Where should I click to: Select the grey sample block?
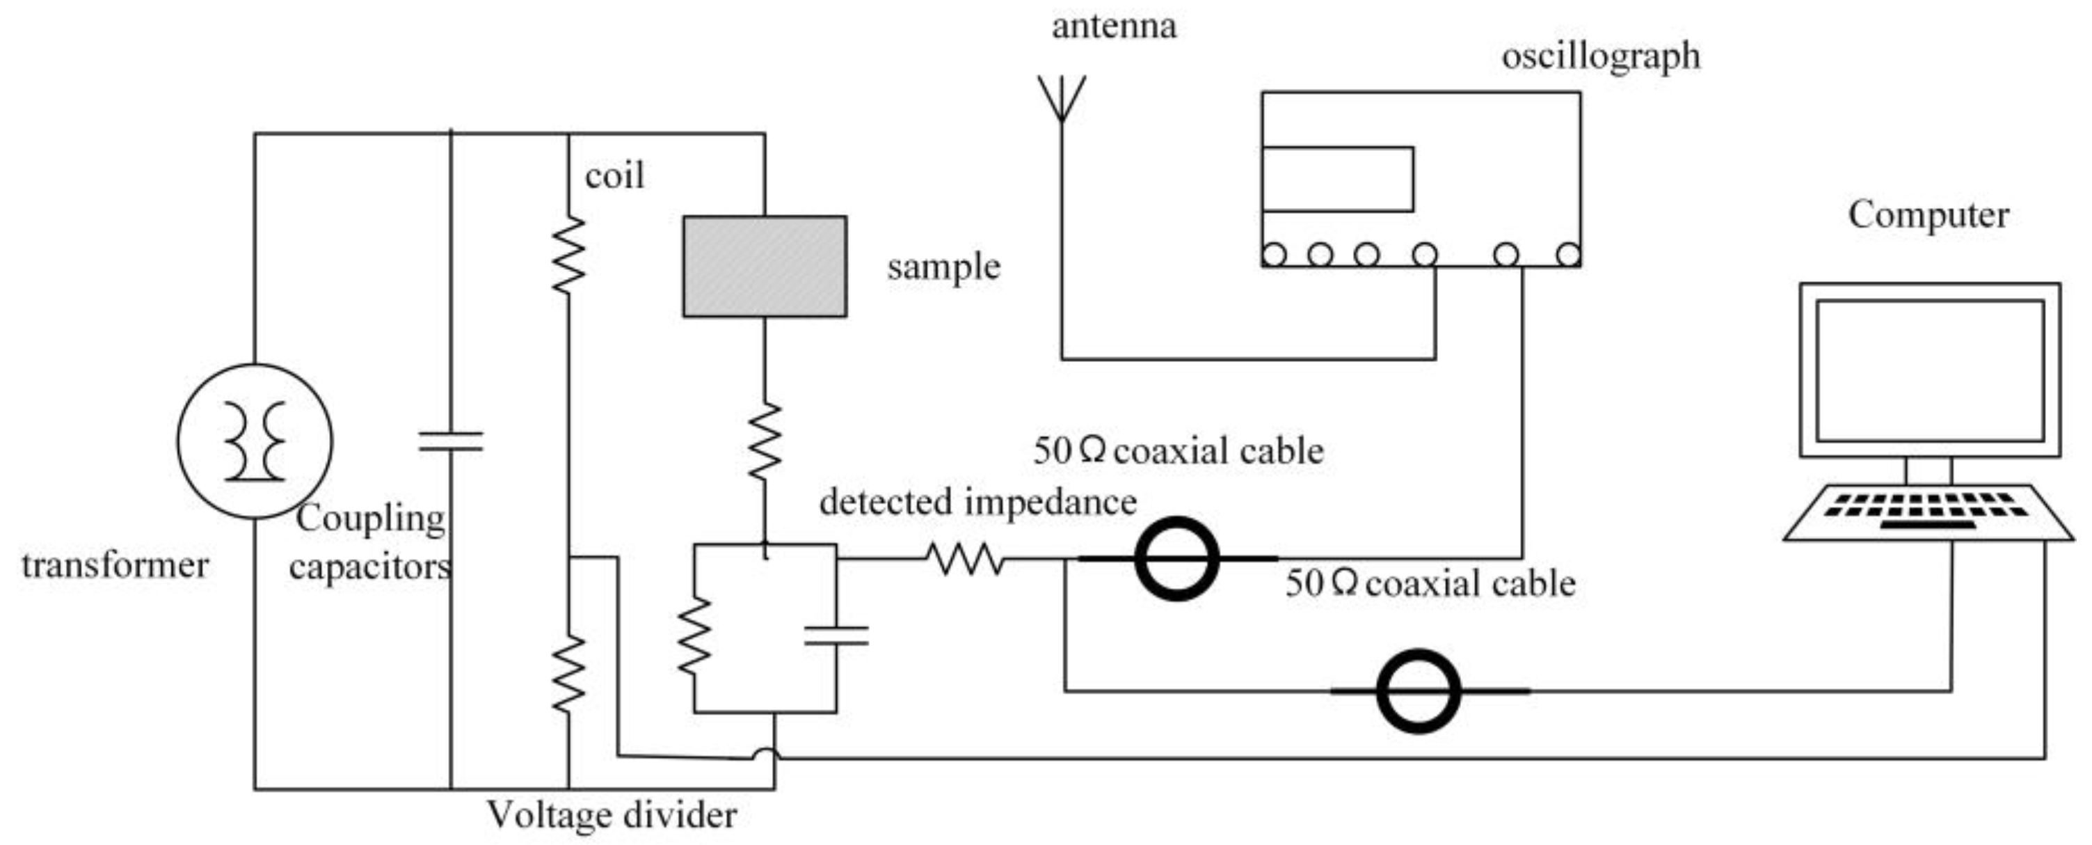pos(764,267)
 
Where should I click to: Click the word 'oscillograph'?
pos(1600,57)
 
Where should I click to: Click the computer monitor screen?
pos(1930,370)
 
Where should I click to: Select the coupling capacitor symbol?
pos(450,441)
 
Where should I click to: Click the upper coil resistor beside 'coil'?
pos(568,254)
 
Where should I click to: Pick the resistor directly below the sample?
pos(764,441)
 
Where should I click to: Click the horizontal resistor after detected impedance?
pos(965,559)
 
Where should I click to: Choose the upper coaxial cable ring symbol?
pos(1176,559)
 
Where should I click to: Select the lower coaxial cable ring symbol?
pos(1418,690)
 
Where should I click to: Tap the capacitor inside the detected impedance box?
pos(836,635)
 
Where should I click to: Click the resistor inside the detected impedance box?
pos(694,635)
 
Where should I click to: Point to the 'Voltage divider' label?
pos(612,815)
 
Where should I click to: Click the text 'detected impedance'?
pos(977,502)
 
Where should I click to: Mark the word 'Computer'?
pos(1928,215)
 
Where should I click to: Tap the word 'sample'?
pos(943,267)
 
